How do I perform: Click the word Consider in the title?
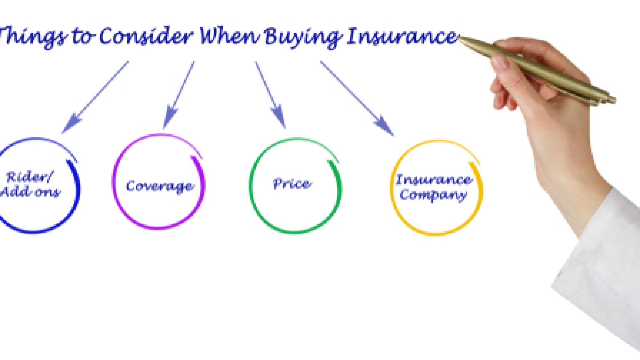(146, 36)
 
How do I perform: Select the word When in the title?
(229, 36)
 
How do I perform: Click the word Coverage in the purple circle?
(160, 186)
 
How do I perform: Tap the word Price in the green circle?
(292, 184)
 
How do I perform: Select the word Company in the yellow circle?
(433, 195)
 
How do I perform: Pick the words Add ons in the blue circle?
(30, 192)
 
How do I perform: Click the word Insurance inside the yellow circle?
(434, 180)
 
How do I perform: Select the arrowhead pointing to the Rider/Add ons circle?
(71, 123)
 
